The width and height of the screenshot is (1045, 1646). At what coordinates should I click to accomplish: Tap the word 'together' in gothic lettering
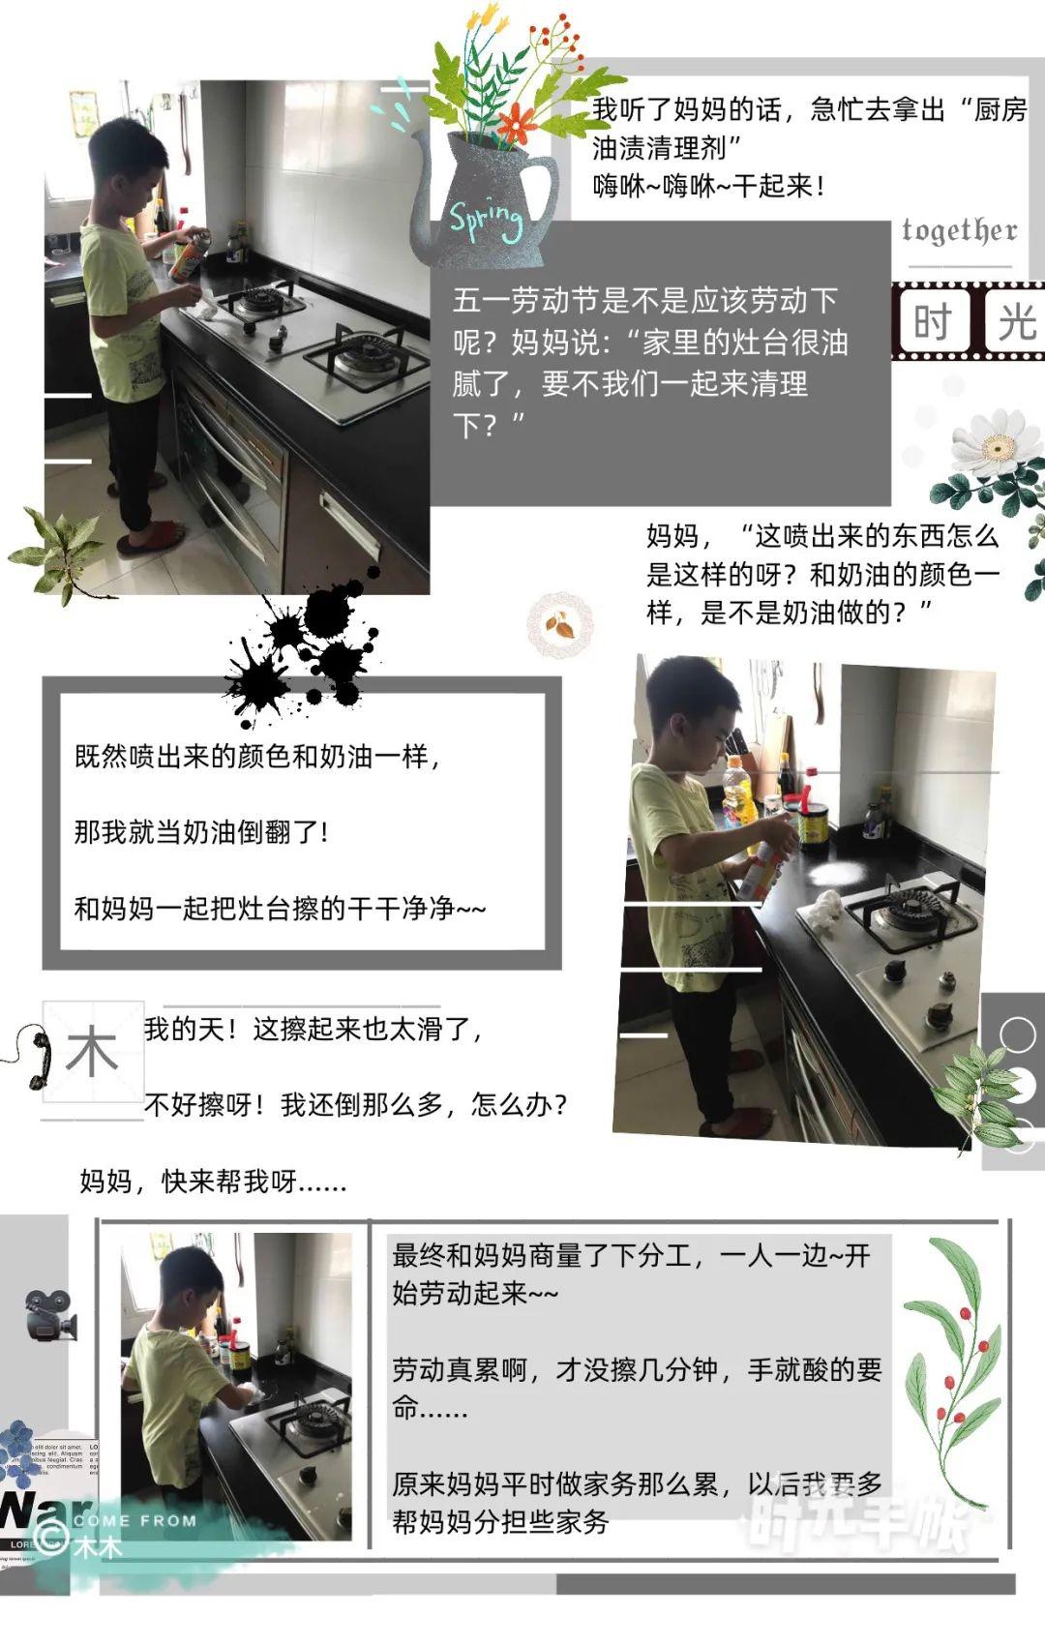pyautogui.click(x=959, y=230)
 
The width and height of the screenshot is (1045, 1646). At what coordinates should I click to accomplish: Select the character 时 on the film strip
pyautogui.click(x=932, y=321)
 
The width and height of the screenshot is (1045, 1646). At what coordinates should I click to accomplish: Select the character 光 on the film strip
pyautogui.click(x=1016, y=321)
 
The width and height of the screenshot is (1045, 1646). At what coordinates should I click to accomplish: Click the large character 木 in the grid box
pyautogui.click(x=92, y=1052)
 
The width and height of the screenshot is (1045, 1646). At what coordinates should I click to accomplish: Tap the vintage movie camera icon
pyautogui.click(x=48, y=1315)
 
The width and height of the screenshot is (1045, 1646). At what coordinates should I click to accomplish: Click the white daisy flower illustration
pyautogui.click(x=995, y=444)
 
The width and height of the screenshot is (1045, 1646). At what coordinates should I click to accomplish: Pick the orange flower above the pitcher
pyautogui.click(x=519, y=123)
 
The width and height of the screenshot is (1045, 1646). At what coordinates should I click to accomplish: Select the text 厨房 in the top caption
pyautogui.click(x=1000, y=109)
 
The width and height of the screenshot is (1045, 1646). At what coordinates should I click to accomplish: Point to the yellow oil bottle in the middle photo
pyautogui.click(x=738, y=792)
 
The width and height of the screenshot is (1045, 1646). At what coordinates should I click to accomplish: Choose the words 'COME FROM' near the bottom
pyautogui.click(x=134, y=1520)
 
